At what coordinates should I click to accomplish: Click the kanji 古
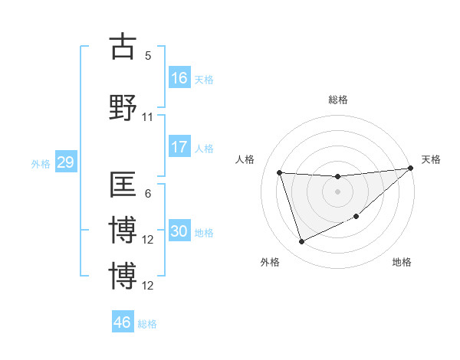click(x=123, y=47)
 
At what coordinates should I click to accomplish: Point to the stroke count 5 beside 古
click(x=148, y=56)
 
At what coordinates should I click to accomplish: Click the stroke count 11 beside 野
click(x=148, y=117)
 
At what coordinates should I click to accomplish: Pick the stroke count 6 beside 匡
click(x=148, y=194)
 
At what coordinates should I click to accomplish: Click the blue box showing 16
click(x=179, y=78)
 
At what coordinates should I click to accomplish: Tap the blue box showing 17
click(x=179, y=147)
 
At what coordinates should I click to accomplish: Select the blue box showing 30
click(x=179, y=232)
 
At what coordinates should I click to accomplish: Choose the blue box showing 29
click(x=65, y=162)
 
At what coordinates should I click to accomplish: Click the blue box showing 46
click(x=123, y=322)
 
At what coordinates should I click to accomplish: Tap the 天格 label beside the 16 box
click(x=203, y=79)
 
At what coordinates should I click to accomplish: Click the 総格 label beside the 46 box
click(x=147, y=323)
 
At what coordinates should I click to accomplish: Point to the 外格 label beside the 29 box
click(x=41, y=163)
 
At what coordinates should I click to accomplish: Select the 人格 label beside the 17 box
click(x=203, y=148)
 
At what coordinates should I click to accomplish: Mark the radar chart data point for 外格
click(x=301, y=242)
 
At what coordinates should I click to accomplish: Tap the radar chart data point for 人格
click(x=280, y=172)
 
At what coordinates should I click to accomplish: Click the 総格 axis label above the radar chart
click(x=337, y=100)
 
